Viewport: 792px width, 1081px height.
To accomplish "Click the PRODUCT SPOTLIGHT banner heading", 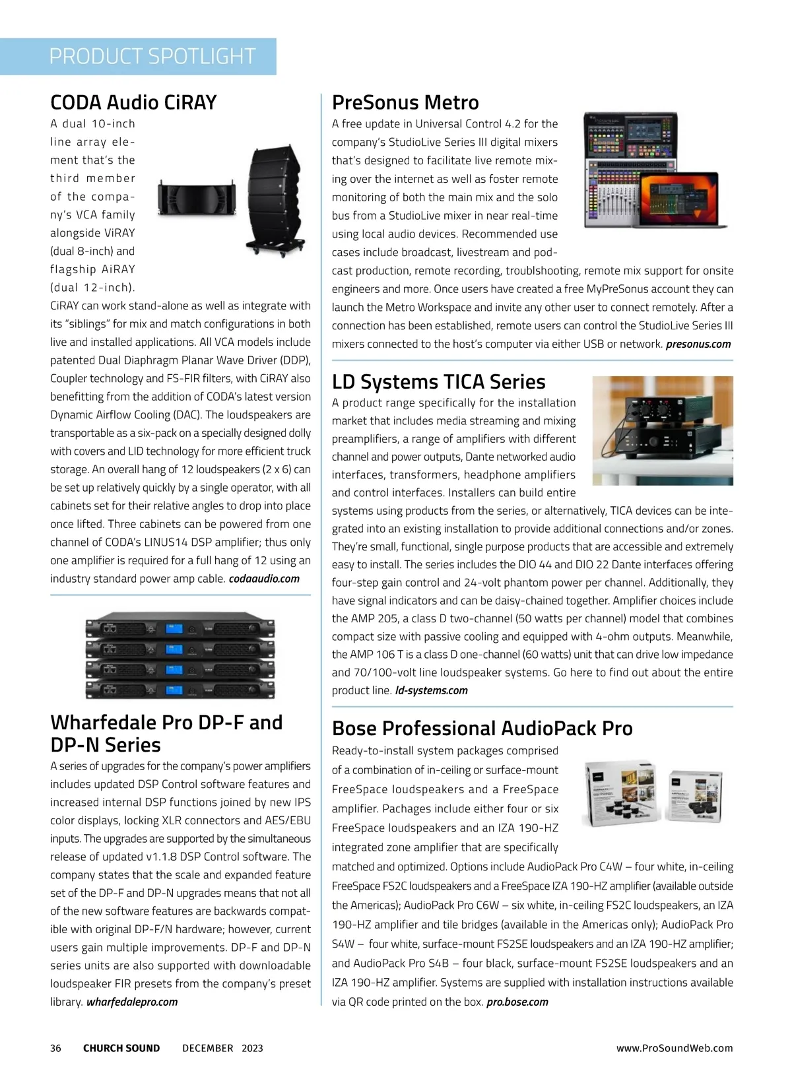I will tap(152, 56).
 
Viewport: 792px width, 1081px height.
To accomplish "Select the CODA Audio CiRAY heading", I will tap(133, 102).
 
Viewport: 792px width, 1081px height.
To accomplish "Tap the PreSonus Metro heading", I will tap(405, 102).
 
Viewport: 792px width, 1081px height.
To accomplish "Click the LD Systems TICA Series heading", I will tap(438, 381).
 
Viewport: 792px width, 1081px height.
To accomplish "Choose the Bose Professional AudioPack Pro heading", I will tap(482, 728).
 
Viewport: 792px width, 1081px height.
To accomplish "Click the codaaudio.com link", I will tap(264, 579).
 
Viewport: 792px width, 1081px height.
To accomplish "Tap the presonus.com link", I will tap(698, 344).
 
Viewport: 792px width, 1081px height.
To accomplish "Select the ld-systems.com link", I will tap(432, 690).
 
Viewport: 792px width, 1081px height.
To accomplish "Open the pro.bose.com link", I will tap(517, 1002).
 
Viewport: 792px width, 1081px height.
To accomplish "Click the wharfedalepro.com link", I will tap(132, 1002).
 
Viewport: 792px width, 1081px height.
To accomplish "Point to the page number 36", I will tap(55, 1048).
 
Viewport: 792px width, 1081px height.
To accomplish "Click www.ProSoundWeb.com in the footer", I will tap(675, 1048).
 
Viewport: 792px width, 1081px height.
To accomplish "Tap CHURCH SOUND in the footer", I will tap(121, 1048).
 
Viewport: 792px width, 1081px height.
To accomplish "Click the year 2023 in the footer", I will tap(252, 1048).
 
